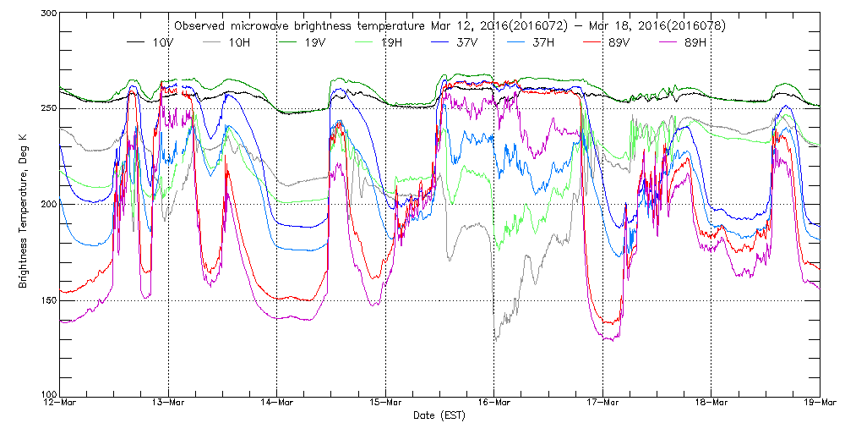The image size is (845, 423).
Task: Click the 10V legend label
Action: tap(164, 41)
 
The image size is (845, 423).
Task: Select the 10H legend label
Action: tap(239, 41)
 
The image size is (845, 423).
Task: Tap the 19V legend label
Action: tap(314, 41)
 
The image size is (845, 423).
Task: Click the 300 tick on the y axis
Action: tap(47, 14)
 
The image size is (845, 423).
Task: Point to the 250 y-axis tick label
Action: tap(47, 108)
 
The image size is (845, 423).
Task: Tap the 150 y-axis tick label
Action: tap(47, 300)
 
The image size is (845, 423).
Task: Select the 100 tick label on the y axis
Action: tap(47, 395)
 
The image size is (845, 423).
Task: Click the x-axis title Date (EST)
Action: tap(439, 415)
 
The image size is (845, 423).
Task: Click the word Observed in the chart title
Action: tap(195, 25)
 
